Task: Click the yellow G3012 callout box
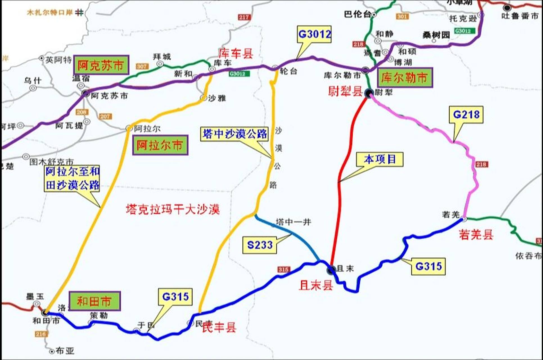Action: point(314,34)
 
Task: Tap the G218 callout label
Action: point(466,114)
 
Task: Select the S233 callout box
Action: point(260,245)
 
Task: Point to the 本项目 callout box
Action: point(380,159)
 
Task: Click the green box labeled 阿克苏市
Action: point(101,65)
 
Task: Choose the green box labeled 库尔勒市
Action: point(404,77)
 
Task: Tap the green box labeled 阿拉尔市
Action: point(160,145)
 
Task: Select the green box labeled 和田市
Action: point(95,301)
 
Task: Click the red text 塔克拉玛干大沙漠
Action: point(173,209)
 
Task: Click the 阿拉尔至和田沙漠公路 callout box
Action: point(72,178)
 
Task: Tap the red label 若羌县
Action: point(476,234)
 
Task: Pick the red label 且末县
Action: point(316,285)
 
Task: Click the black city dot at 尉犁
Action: point(368,93)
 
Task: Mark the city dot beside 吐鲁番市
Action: point(507,8)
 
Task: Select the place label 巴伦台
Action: point(357,14)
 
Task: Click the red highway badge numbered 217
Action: point(244,17)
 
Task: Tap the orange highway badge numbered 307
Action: point(142,66)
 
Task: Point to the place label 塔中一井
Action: point(293,222)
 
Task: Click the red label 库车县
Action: point(236,53)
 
